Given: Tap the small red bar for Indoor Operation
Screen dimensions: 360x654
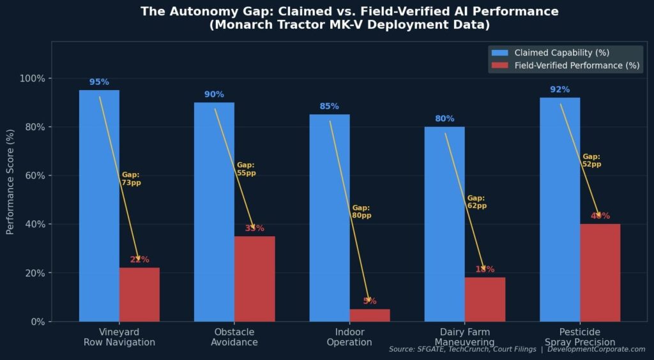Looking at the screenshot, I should [x=370, y=315].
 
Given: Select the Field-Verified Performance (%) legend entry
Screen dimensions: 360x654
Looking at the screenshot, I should [x=565, y=66].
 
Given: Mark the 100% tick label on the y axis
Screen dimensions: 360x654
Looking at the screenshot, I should [x=32, y=79].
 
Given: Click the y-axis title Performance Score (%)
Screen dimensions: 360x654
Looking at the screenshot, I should [x=10, y=182].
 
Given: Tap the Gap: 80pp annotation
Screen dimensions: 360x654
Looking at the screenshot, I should [x=361, y=212].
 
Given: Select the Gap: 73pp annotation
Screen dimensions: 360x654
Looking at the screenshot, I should [x=131, y=179].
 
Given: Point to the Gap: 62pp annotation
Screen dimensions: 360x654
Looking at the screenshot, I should [x=476, y=202].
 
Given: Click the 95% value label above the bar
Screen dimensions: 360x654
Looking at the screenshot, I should [x=99, y=82].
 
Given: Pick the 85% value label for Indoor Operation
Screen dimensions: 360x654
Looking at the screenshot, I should [x=330, y=107].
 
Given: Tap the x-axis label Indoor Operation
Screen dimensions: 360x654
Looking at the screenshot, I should [x=349, y=337].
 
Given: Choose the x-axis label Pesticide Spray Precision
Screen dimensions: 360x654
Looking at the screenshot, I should [x=580, y=337].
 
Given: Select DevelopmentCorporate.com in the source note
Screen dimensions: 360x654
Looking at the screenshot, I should [x=597, y=349].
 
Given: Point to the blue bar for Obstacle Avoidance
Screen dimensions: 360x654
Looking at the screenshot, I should [x=214, y=211].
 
